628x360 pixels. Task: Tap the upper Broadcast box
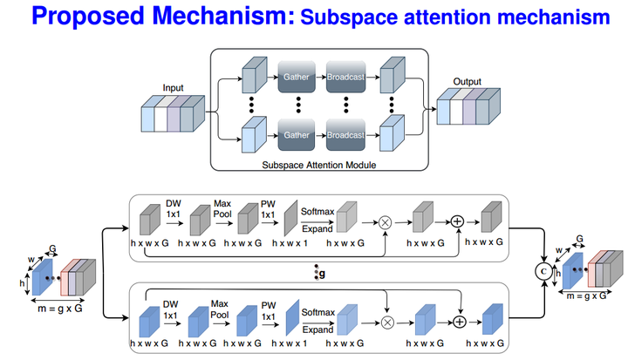[347, 77]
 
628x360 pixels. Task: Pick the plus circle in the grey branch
[455, 221]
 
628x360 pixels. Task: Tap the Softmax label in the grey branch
[317, 211]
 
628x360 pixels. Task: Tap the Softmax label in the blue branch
[317, 311]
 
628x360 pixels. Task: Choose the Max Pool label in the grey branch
[222, 209]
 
